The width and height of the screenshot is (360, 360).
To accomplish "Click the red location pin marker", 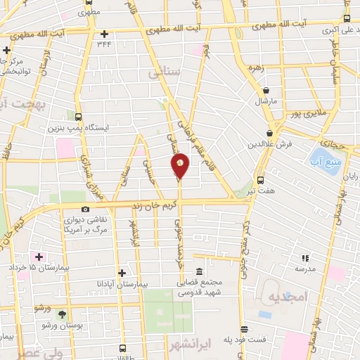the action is tap(180, 165).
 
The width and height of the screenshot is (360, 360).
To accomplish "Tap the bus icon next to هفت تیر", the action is tap(261, 180).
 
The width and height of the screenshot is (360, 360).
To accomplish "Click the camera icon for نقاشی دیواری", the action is tap(86, 209).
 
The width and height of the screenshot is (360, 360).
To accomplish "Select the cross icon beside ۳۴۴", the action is tap(104, 34).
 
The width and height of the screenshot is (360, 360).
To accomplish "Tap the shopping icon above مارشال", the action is tap(266, 90).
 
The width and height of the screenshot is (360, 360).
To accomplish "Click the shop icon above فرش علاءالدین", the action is tap(270, 133).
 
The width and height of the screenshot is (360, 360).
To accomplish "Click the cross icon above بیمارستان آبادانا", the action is tap(122, 272).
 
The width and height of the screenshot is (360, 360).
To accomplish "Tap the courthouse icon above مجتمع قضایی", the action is tap(200, 272).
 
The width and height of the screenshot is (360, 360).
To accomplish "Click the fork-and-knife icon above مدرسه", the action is tap(305, 259).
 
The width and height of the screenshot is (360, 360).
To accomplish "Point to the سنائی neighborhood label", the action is tap(165, 72).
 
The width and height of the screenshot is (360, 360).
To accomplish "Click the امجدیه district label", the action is tap(288, 297).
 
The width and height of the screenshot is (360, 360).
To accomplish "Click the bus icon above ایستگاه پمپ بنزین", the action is tap(79, 117).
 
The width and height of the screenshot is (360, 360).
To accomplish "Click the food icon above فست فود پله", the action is tap(244, 329).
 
